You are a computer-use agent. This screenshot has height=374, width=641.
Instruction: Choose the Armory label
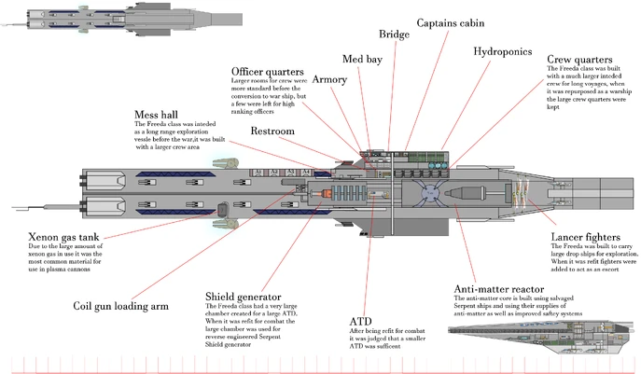coord(328,80)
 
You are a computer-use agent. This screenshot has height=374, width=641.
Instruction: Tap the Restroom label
coord(272,132)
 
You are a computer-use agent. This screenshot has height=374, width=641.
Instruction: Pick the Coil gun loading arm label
coord(120,305)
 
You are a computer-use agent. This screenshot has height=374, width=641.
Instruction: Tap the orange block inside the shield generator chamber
coord(328,193)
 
